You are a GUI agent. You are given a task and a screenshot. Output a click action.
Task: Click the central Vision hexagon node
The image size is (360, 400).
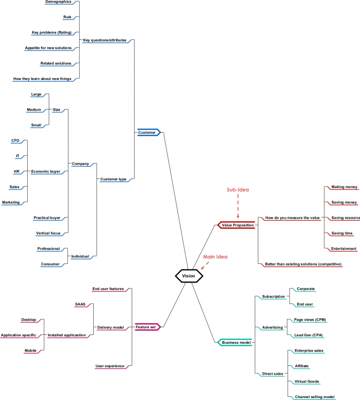(189, 276)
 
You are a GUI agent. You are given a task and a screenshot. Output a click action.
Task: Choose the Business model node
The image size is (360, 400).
(235, 342)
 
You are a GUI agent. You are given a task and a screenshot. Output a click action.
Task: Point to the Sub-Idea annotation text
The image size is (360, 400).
(238, 190)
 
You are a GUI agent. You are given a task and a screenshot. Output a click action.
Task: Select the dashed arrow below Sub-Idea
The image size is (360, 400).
(238, 207)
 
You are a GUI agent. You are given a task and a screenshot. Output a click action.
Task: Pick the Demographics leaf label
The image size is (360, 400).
(59, 2)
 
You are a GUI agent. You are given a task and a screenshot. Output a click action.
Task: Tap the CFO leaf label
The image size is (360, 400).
(15, 141)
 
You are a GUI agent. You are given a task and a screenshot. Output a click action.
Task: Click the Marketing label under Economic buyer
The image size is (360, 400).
(11, 202)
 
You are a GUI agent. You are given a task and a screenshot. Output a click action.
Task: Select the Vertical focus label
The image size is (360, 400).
(48, 233)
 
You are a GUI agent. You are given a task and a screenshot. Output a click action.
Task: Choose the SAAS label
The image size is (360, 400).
(80, 304)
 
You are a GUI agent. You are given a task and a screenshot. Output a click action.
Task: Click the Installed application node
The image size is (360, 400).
(67, 335)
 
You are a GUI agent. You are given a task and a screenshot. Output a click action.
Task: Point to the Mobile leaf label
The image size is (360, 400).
(31, 350)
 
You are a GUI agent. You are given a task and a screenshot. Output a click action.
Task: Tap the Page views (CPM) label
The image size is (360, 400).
(310, 320)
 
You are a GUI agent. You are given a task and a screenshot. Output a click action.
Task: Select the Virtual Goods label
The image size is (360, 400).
(307, 381)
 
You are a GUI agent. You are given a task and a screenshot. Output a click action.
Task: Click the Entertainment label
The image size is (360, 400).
(344, 249)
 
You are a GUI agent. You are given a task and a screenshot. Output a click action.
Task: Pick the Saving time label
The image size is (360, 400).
(342, 233)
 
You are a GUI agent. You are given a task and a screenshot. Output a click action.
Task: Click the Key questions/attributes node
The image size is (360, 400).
(105, 40)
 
